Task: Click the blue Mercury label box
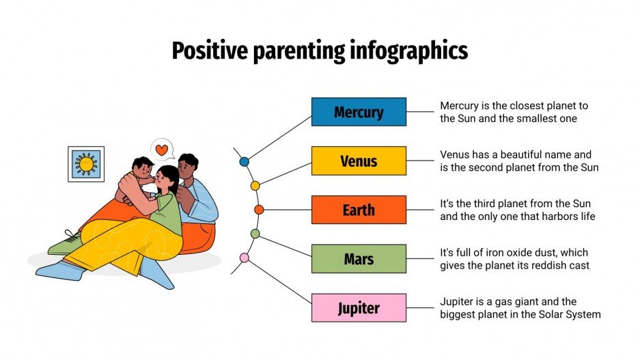(x=359, y=111)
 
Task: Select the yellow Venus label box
(x=359, y=161)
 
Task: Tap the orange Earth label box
(x=359, y=210)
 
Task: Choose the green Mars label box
(x=359, y=259)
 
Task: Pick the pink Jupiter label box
(x=359, y=308)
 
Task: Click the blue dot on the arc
(x=244, y=162)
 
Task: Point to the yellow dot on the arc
(x=255, y=185)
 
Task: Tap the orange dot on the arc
(x=259, y=210)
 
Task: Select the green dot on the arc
(x=255, y=234)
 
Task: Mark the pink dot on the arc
(x=244, y=258)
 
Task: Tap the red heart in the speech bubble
(x=161, y=149)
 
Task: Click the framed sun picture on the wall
(x=86, y=164)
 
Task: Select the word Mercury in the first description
(x=460, y=106)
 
